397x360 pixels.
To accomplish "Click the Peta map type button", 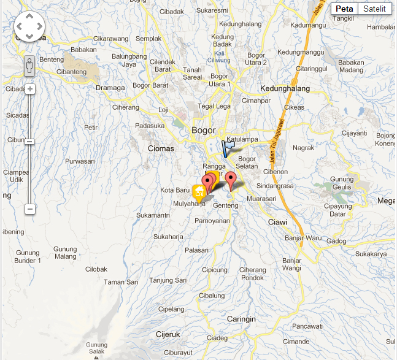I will click(x=345, y=9).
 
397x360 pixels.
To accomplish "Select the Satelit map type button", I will click(x=374, y=9).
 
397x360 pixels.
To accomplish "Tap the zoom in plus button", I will click(x=29, y=89).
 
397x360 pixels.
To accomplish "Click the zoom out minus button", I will click(x=29, y=209).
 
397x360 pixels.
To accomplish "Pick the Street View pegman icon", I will click(x=29, y=66).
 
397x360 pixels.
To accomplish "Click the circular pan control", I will click(x=29, y=27).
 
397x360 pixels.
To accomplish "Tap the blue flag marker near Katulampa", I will click(x=228, y=148).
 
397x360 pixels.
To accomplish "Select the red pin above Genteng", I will click(x=231, y=180).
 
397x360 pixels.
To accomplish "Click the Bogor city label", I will click(x=203, y=130).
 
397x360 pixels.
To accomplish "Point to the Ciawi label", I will click(x=277, y=221).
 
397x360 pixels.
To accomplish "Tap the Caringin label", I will click(x=241, y=320).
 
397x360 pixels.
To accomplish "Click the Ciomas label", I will click(x=161, y=148).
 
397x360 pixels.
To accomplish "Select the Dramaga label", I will click(x=110, y=88).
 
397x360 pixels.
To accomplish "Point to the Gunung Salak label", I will click(x=97, y=348).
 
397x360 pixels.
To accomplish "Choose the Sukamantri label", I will click(x=153, y=215).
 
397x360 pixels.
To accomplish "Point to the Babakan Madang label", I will click(x=351, y=66).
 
